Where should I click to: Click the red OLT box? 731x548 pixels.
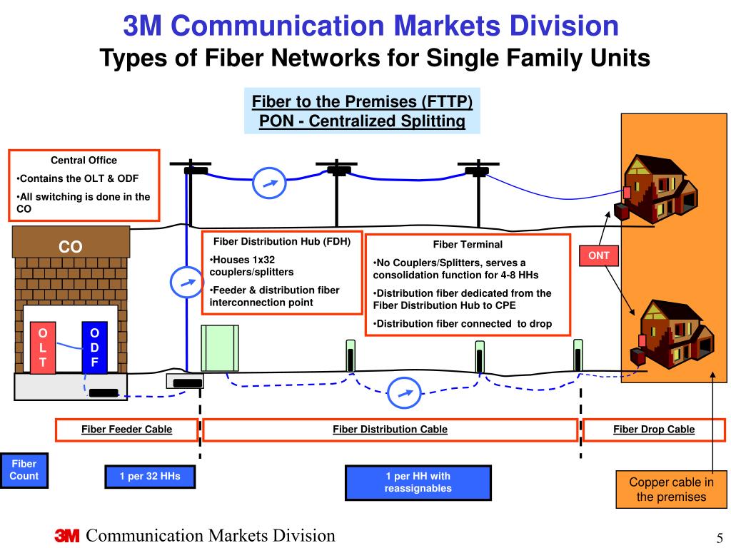43,347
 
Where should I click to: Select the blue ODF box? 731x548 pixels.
94,347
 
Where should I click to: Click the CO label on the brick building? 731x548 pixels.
70,247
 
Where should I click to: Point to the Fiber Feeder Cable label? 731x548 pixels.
126,430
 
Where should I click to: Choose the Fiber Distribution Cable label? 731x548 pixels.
390,430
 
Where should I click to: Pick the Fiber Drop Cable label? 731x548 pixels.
653,430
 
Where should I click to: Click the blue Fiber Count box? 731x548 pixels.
24,470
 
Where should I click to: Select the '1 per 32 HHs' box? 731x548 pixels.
150,476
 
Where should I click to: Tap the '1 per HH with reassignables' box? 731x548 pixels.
418,482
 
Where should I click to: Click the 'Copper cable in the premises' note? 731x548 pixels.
671,489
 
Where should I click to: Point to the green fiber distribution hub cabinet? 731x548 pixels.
219,348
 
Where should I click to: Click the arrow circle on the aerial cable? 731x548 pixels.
269,183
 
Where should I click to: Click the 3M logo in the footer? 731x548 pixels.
67,537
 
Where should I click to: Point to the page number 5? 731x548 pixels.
720,537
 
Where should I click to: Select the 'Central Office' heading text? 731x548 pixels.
84,161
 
